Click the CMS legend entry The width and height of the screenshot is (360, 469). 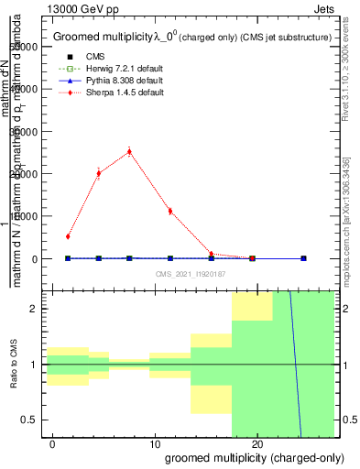click(82, 57)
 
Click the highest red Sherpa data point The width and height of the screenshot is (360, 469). click(129, 151)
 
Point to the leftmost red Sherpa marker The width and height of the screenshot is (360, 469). click(68, 236)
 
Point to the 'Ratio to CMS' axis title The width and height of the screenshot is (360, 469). click(14, 365)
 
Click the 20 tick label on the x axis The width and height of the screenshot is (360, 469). click(257, 443)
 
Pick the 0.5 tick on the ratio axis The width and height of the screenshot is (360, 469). click(31, 420)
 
